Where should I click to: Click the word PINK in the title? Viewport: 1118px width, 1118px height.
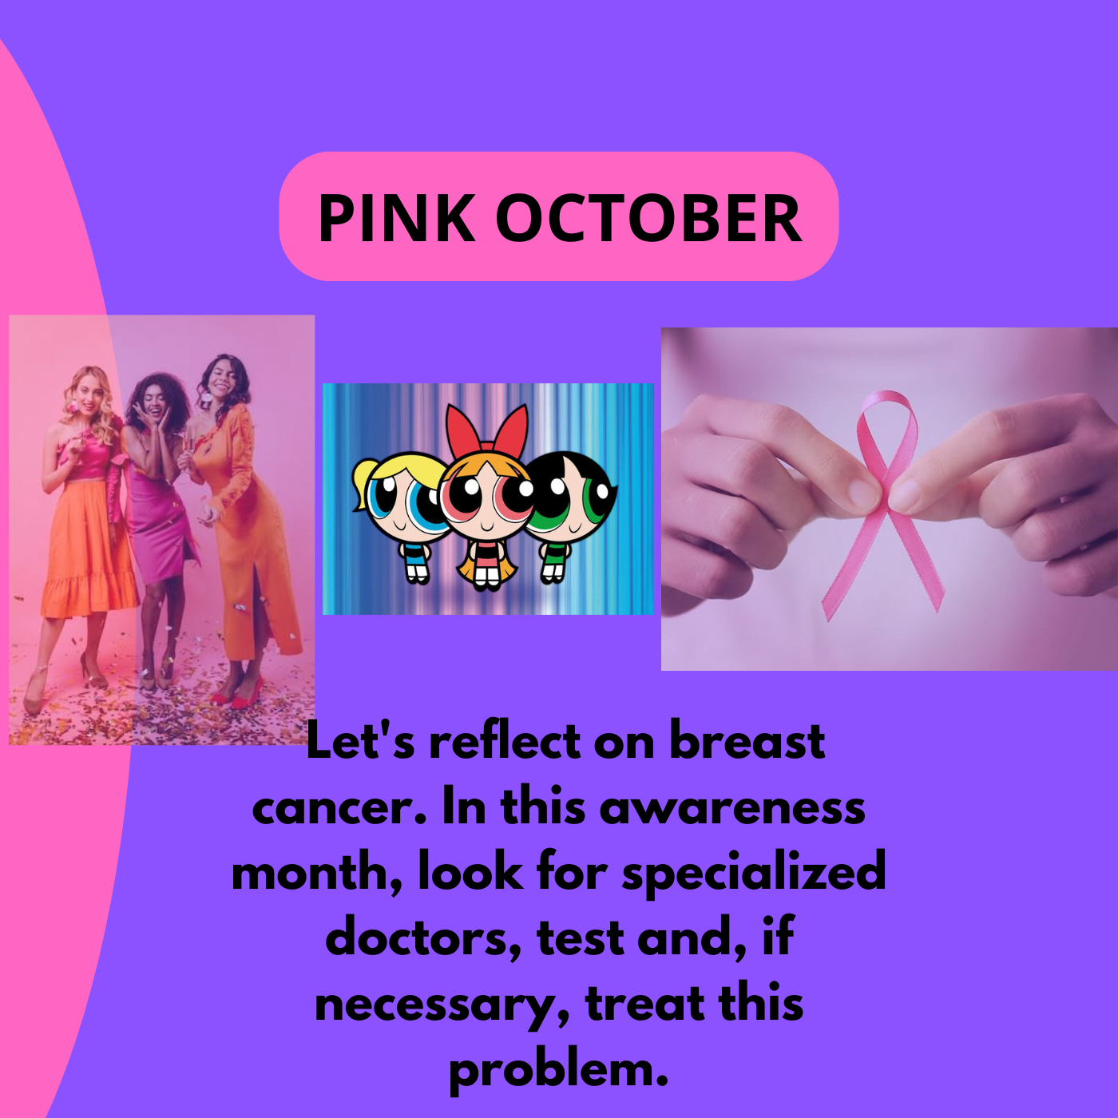pos(396,217)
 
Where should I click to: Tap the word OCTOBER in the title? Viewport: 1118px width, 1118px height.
pos(648,217)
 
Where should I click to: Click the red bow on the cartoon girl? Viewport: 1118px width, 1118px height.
pos(486,428)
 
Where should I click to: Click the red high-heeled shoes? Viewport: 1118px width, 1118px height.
pos(239,692)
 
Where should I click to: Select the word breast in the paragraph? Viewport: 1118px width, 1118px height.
pos(747,742)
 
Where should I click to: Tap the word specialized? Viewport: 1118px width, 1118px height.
pos(754,874)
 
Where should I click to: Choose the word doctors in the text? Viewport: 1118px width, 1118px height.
pos(422,938)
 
